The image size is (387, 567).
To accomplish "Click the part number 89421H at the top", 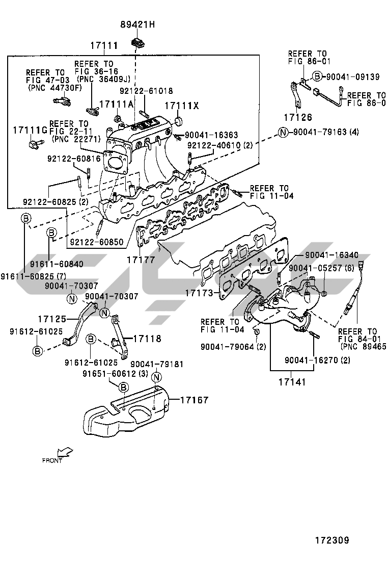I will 137,24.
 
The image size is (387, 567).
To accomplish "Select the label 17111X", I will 181,106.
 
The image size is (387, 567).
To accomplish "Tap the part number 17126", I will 298,118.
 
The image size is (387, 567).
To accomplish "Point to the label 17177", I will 141,260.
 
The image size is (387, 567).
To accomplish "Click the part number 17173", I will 199,293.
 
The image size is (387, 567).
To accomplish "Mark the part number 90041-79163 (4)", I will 326,133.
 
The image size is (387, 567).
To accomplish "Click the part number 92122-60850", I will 97,243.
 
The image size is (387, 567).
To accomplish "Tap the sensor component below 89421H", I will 137,42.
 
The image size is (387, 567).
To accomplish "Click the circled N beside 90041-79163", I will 284,133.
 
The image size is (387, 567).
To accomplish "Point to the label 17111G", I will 30,131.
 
